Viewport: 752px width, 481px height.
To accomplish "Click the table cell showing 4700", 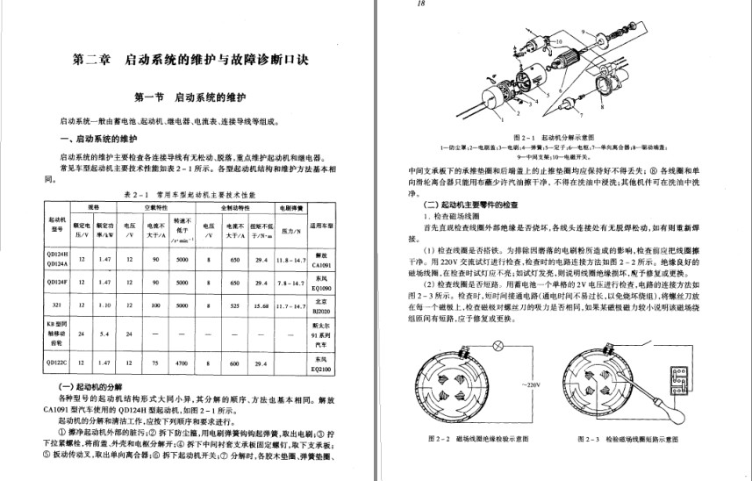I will click(x=183, y=363).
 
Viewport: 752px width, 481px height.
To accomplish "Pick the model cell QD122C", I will click(x=58, y=363).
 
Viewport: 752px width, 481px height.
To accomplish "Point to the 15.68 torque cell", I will click(x=261, y=306).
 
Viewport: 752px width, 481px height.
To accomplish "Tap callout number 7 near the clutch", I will click(x=580, y=114).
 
